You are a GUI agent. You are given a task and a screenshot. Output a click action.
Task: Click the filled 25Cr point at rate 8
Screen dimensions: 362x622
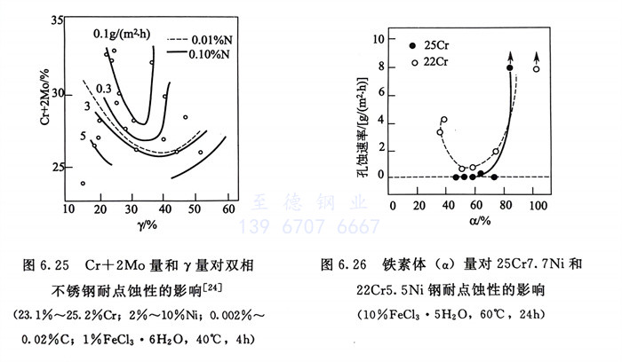(x=510, y=68)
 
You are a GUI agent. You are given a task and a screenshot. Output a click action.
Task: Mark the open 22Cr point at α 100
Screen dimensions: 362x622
(x=536, y=69)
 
